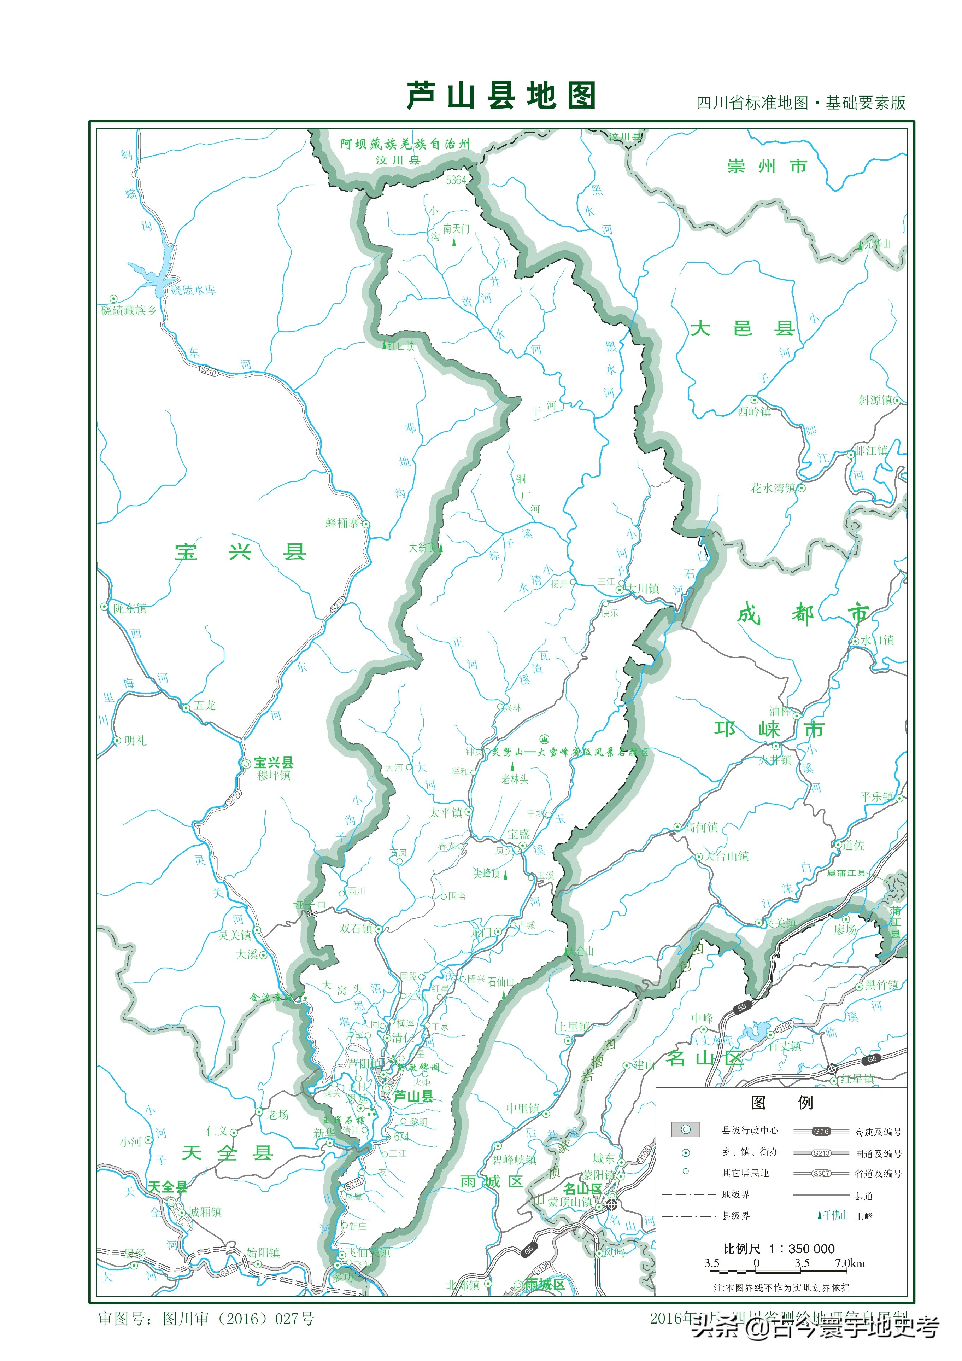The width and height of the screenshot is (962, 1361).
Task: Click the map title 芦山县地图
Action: pyautogui.click(x=501, y=96)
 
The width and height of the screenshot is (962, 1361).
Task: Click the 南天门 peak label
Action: pyautogui.click(x=456, y=229)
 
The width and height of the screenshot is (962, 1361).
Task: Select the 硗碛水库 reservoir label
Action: pyautogui.click(x=194, y=290)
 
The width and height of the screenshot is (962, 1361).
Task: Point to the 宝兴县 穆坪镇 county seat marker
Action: pyautogui.click(x=246, y=764)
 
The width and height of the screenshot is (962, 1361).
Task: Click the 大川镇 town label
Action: pyautogui.click(x=643, y=589)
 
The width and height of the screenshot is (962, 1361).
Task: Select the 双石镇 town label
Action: pyautogui.click(x=356, y=928)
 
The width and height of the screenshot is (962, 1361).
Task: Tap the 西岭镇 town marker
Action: pyautogui.click(x=755, y=400)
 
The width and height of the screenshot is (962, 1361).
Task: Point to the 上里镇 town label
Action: pyautogui.click(x=573, y=1027)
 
